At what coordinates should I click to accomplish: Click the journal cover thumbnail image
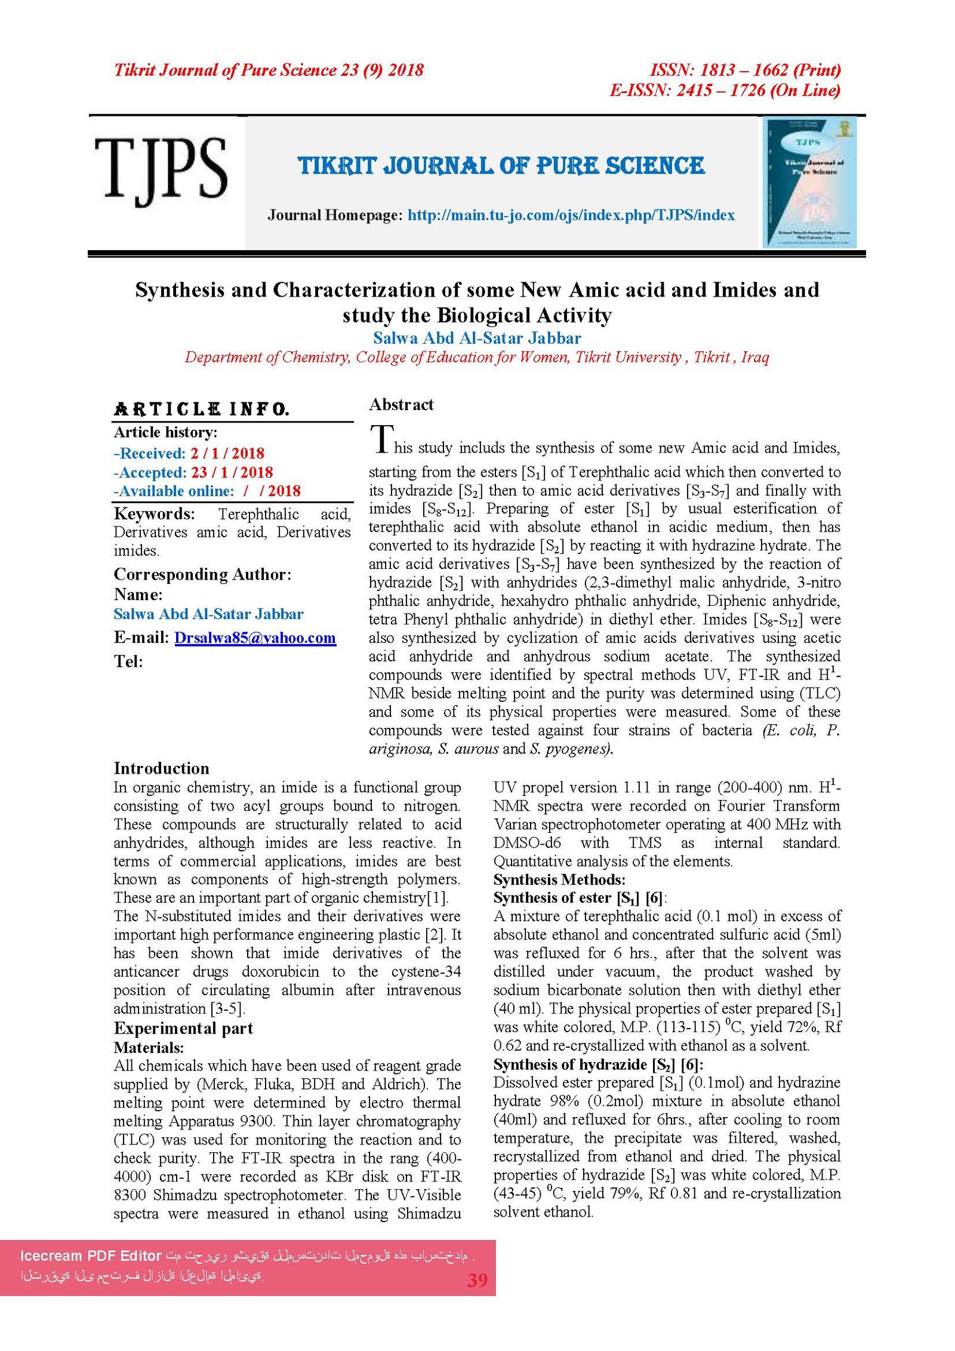click(810, 182)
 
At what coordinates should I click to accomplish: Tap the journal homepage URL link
click(571, 215)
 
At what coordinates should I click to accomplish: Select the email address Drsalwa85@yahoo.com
click(255, 638)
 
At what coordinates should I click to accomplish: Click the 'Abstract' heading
click(401, 405)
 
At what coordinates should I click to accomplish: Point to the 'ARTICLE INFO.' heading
click(202, 409)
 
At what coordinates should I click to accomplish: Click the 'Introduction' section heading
click(161, 768)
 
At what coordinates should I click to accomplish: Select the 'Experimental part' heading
click(183, 1028)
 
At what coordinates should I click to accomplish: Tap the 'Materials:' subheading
click(149, 1047)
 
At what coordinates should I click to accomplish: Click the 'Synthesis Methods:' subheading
click(559, 879)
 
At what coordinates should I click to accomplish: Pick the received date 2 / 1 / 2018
click(227, 453)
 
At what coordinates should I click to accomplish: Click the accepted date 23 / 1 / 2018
click(232, 472)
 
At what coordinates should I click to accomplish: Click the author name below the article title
click(477, 338)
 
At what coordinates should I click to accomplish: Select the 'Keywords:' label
click(154, 514)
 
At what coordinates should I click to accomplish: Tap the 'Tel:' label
click(128, 661)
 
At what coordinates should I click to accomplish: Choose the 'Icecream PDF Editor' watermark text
click(91, 1255)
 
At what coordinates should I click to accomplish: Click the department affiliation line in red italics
click(477, 357)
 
